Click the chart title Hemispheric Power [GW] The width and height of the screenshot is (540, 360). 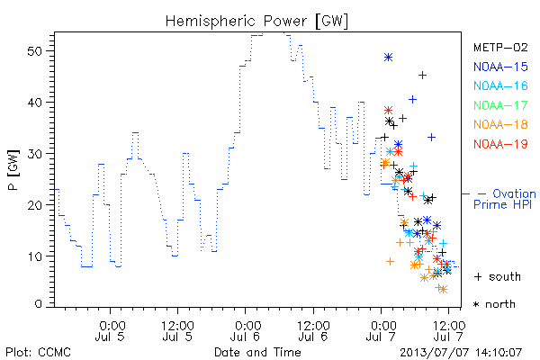(256, 21)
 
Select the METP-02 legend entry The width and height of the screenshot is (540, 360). (500, 47)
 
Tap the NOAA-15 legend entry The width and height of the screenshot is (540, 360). (500, 67)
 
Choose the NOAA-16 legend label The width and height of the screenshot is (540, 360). (500, 85)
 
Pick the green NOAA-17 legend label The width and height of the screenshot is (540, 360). (500, 105)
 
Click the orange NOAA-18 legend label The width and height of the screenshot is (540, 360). (500, 124)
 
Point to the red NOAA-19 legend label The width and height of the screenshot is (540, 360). (500, 144)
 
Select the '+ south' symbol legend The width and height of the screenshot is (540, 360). (498, 276)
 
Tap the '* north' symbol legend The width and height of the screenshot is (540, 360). (494, 304)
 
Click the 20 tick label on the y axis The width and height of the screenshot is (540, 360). (34, 205)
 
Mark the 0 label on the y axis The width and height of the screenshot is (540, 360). (38, 304)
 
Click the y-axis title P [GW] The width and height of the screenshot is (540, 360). (14, 170)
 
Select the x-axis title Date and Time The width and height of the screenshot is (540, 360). (257, 353)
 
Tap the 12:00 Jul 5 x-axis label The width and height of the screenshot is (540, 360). (177, 330)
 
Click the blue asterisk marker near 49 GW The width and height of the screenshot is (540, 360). (388, 58)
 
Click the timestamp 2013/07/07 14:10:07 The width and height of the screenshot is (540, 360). (461, 353)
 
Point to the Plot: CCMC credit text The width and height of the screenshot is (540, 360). (38, 353)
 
